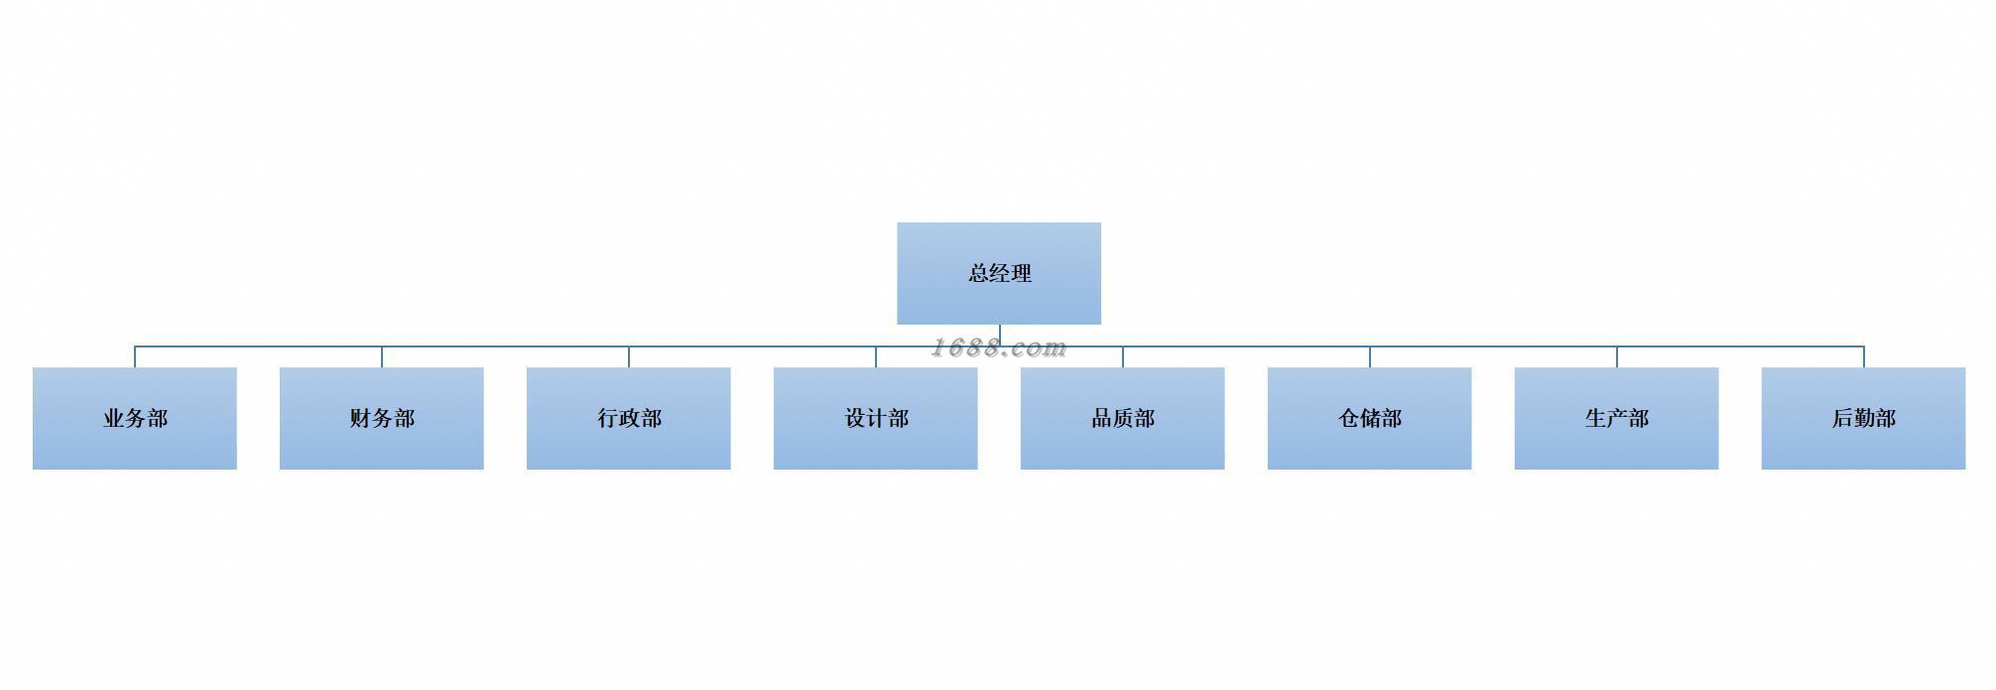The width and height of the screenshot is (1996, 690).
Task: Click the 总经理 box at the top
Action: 998,273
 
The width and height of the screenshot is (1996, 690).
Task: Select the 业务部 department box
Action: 135,418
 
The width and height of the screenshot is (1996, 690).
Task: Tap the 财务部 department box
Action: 382,418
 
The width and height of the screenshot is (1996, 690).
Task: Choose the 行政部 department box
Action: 629,418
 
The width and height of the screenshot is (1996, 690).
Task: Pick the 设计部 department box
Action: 876,418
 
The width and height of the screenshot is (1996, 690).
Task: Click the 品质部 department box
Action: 1123,418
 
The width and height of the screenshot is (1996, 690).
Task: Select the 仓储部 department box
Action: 1370,418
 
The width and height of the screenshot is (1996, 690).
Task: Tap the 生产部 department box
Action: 1617,418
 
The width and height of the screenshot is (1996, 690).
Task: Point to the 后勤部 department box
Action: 1864,418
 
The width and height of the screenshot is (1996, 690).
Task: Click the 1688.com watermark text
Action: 998,347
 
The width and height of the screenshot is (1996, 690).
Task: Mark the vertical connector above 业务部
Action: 135,357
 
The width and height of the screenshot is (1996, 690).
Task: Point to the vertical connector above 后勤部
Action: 1864,357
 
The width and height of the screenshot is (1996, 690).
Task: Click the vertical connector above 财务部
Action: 382,357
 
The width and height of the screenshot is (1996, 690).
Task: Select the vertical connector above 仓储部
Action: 1370,357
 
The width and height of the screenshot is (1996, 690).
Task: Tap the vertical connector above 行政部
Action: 629,357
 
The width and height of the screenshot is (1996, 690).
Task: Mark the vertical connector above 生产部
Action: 1617,357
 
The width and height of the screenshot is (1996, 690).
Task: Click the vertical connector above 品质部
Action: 1123,357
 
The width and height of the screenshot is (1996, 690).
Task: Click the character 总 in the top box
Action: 978,273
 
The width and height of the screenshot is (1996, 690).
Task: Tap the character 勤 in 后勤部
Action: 1864,418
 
